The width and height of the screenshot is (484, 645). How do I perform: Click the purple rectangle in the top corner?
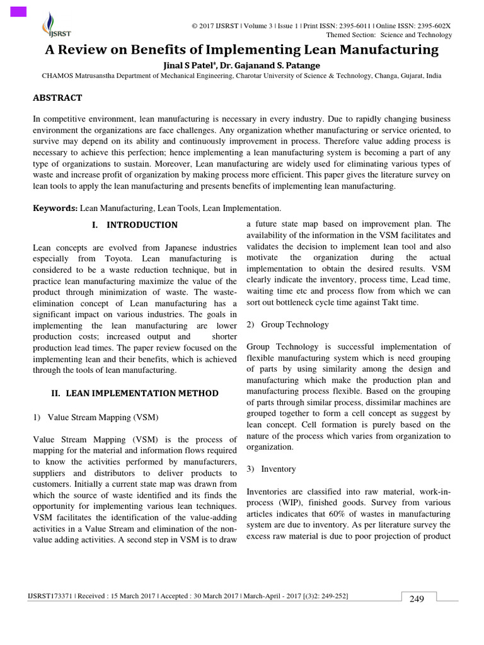[x=18, y=11]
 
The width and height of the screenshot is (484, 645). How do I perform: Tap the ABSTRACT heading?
[x=57, y=98]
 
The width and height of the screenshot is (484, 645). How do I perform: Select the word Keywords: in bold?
[x=55, y=208]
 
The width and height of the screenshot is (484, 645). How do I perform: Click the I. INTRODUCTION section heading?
[x=135, y=225]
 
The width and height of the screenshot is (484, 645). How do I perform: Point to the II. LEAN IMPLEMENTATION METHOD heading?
[x=134, y=393]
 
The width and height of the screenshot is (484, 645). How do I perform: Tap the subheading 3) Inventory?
[x=271, y=469]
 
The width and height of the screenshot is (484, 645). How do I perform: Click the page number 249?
[x=417, y=599]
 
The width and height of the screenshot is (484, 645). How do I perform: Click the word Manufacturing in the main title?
[x=377, y=49]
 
